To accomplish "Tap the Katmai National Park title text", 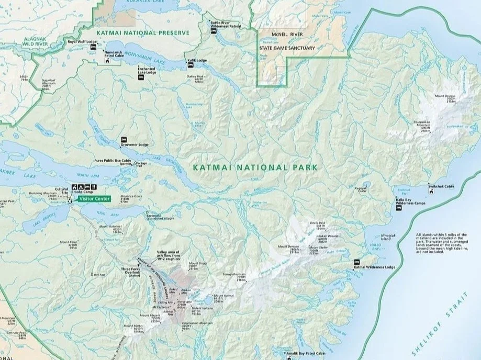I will tap(255, 167).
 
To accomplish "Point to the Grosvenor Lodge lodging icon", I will tap(124, 140).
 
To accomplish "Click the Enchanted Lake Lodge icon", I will tap(141, 77).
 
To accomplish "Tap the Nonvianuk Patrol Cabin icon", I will tap(107, 61).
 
